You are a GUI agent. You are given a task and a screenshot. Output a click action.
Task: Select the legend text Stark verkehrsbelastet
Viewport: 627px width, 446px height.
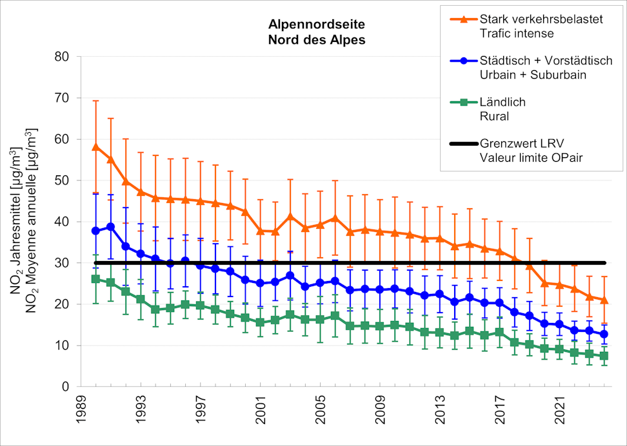coord(541,19)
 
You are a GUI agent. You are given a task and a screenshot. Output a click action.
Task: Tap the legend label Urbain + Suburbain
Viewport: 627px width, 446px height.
coord(533,75)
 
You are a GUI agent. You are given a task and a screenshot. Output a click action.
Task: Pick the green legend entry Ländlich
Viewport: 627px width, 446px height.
coord(503,102)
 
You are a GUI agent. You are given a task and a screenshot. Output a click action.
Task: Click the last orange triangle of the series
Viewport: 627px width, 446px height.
coord(604,300)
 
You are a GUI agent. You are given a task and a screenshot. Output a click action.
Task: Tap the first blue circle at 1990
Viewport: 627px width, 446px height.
coord(96,231)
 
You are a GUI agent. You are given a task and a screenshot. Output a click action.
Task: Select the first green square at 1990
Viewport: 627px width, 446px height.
coord(96,279)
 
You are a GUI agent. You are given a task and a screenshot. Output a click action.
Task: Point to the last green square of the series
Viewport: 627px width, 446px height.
coord(604,356)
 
